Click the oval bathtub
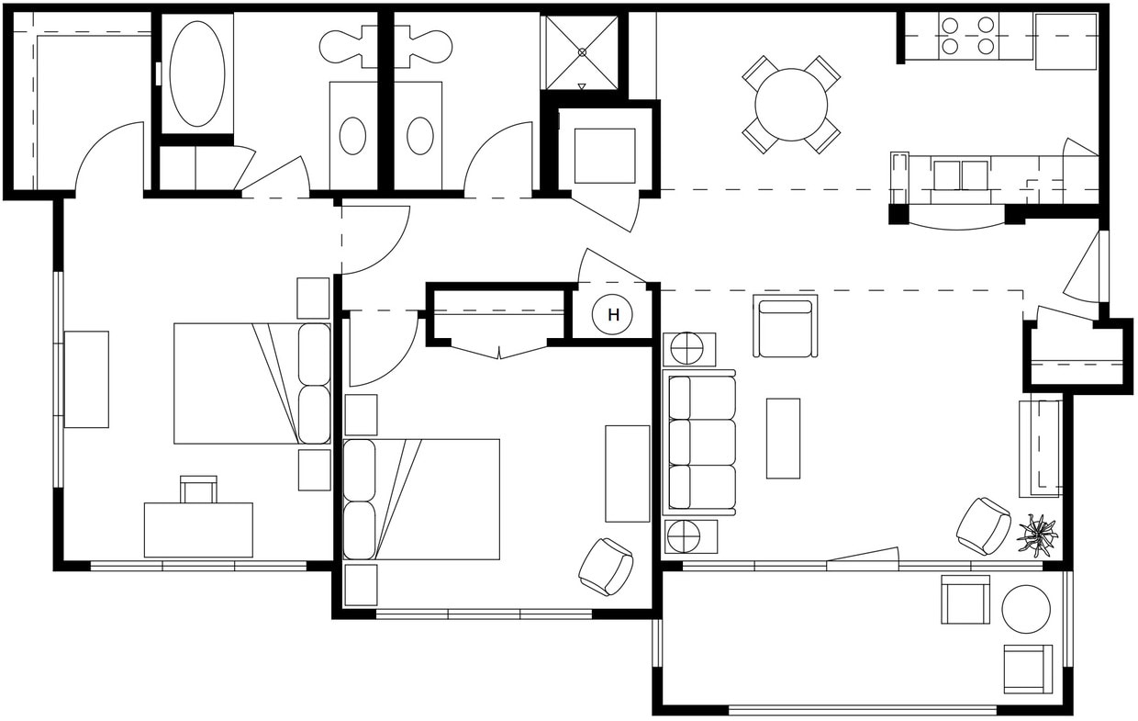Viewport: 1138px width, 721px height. coord(196,73)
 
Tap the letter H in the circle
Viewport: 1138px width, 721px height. coord(614,315)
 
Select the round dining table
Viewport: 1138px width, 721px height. coord(791,104)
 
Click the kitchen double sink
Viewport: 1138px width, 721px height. coord(960,175)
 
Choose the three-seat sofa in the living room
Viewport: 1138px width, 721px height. coord(700,442)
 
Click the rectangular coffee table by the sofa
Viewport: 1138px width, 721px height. coord(783,438)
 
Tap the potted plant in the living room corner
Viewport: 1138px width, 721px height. coord(1038,535)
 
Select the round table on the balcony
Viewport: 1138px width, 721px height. coord(1025,609)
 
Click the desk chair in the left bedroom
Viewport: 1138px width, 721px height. coord(198,490)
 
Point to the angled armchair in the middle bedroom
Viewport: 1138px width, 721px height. coord(606,566)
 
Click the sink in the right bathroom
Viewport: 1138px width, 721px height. coord(419,136)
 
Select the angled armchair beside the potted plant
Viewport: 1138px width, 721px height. coord(983,526)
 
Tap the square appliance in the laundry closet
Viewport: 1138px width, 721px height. coord(604,155)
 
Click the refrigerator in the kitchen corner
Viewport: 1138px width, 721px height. coord(1065,41)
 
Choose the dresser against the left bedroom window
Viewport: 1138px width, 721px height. coord(86,379)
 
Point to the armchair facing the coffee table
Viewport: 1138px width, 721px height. coord(784,326)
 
